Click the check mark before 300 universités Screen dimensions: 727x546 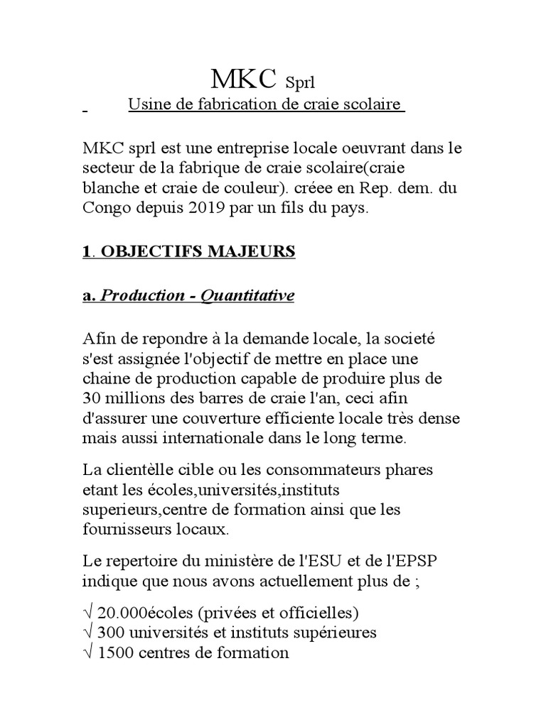(88, 632)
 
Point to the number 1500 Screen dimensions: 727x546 (115, 652)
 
